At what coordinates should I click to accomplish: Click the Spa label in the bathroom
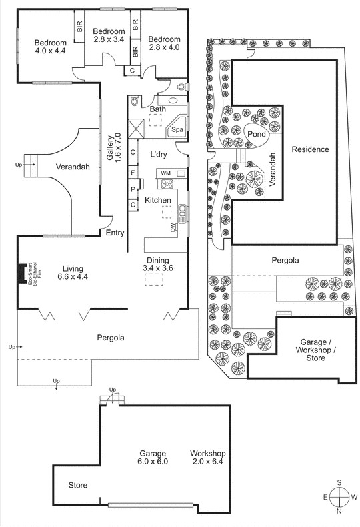(x=178, y=130)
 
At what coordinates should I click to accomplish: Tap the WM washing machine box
(x=165, y=174)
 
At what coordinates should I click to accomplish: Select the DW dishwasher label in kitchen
(x=173, y=227)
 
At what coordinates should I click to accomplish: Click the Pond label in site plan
(x=257, y=134)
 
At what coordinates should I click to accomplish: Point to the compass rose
(x=339, y=497)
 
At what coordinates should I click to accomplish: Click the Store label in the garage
(x=77, y=485)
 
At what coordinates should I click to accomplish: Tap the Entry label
(x=115, y=233)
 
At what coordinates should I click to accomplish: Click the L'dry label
(x=158, y=154)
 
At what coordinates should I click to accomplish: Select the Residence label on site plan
(x=310, y=149)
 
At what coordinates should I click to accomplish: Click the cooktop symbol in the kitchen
(x=165, y=185)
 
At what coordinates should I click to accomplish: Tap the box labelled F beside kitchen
(x=133, y=173)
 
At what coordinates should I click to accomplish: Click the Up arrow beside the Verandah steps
(x=19, y=163)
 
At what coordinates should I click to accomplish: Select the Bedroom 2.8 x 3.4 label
(x=109, y=36)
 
